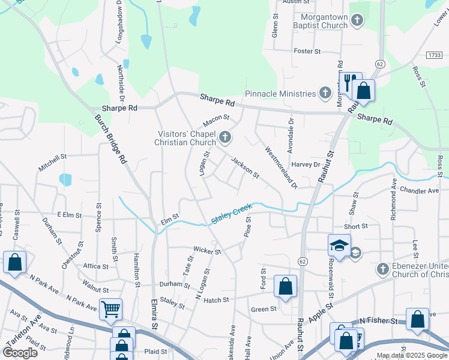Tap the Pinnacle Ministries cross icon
tap(325, 93)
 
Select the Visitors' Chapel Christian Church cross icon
tap(225, 138)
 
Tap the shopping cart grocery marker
tap(110, 308)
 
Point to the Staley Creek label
tap(231, 214)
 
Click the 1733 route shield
tap(434, 55)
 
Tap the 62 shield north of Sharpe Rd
tap(380, 63)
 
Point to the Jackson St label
tap(245, 169)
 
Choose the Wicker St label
tap(207, 250)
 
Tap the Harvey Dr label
tap(306, 164)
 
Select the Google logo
tap(20, 352)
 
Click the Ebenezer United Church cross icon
tap(383, 268)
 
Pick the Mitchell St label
tap(52, 163)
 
